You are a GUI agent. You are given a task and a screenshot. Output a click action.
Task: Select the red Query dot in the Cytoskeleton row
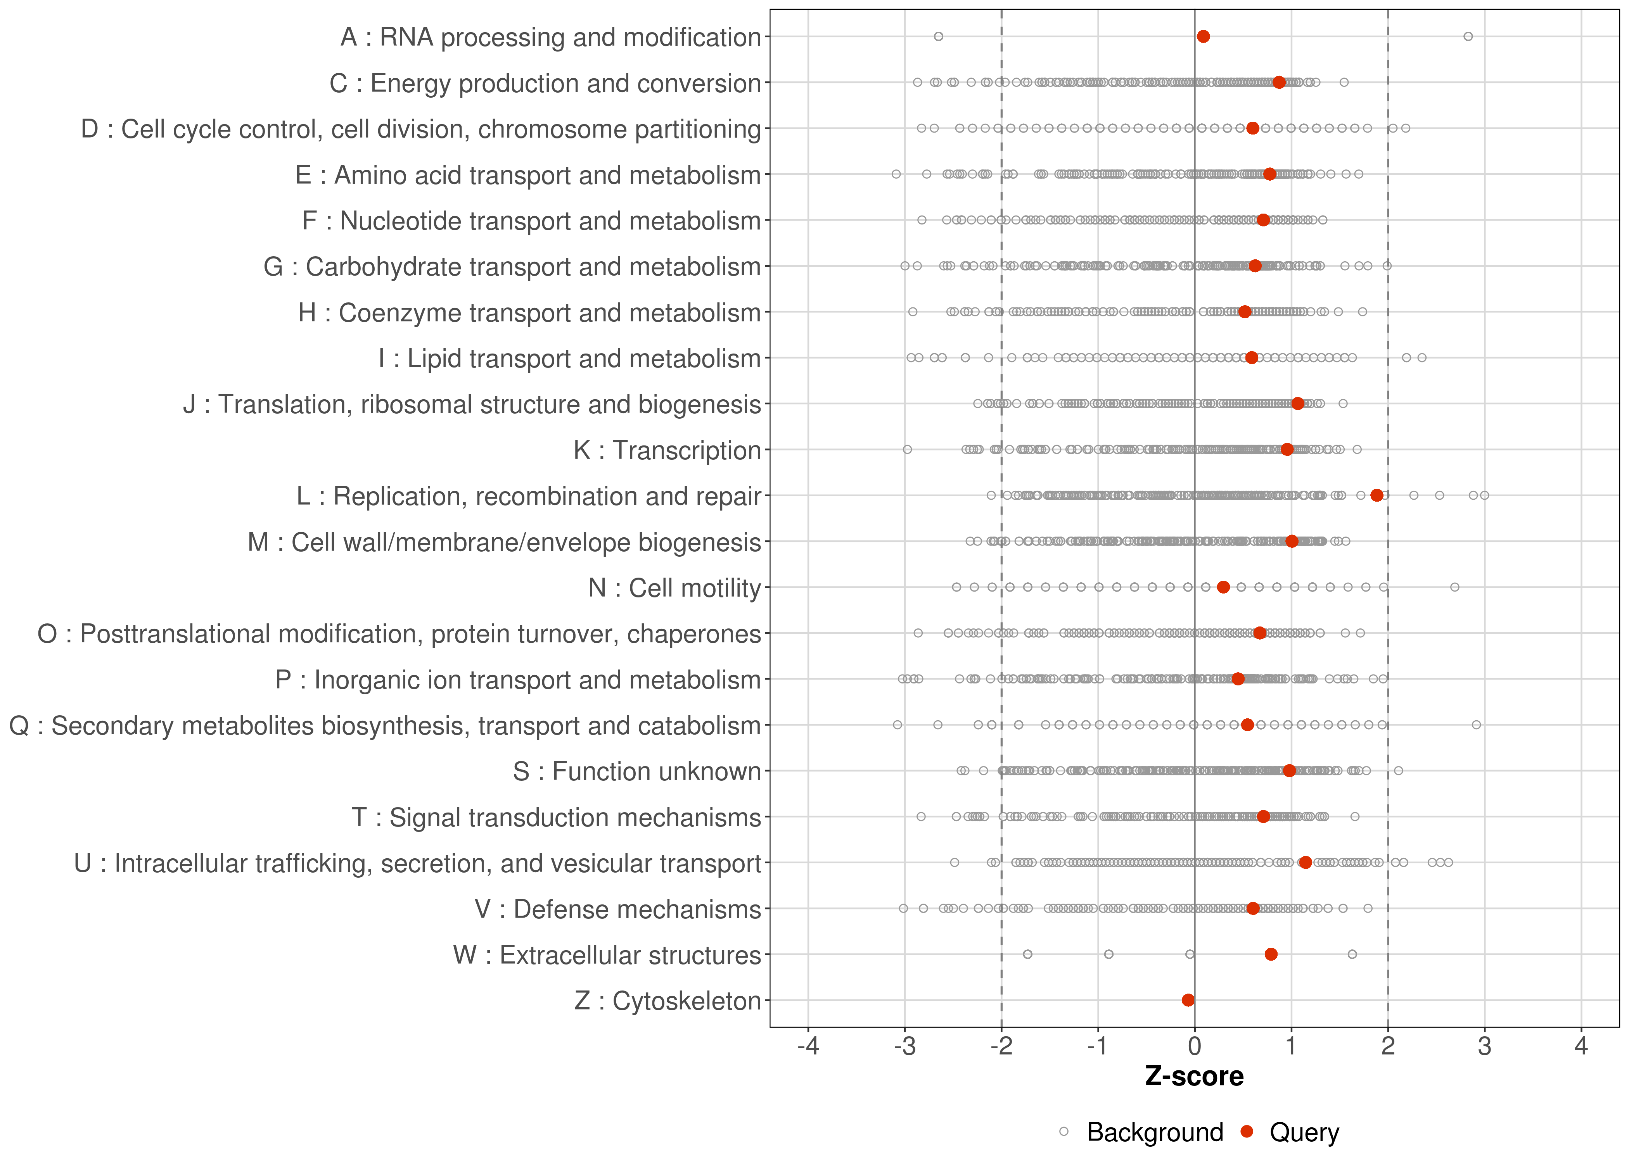point(1188,1000)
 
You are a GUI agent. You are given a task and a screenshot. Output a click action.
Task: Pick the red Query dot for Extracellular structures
point(1271,954)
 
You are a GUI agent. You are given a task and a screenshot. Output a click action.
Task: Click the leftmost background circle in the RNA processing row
point(939,36)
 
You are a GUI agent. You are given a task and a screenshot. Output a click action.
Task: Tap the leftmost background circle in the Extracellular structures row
point(1027,954)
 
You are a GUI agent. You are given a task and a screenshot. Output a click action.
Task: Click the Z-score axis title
point(1194,1076)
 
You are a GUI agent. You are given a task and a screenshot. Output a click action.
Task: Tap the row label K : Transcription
point(667,450)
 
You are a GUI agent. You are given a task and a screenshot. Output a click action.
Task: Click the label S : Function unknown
point(636,771)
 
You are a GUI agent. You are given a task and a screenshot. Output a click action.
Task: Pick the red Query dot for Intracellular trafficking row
point(1305,862)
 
